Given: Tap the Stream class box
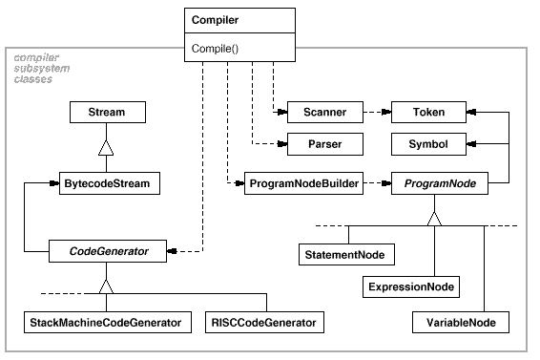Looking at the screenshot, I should coord(106,113).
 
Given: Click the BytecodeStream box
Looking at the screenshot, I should coord(106,180).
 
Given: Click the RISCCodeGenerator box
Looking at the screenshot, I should coord(261,323).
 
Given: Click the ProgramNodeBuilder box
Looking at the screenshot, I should coord(304,180).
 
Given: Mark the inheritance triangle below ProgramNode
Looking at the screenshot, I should coord(435,218).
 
